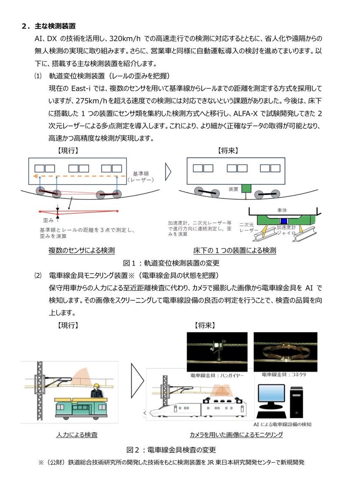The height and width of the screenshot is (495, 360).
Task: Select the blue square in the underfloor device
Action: tap(283, 217)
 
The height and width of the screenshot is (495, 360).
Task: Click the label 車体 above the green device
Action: tap(282, 210)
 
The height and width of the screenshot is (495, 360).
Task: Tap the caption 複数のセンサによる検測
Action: tap(81, 250)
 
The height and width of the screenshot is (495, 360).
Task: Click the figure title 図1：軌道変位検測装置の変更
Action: tap(171, 263)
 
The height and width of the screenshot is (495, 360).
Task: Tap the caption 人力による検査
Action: tap(77, 435)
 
